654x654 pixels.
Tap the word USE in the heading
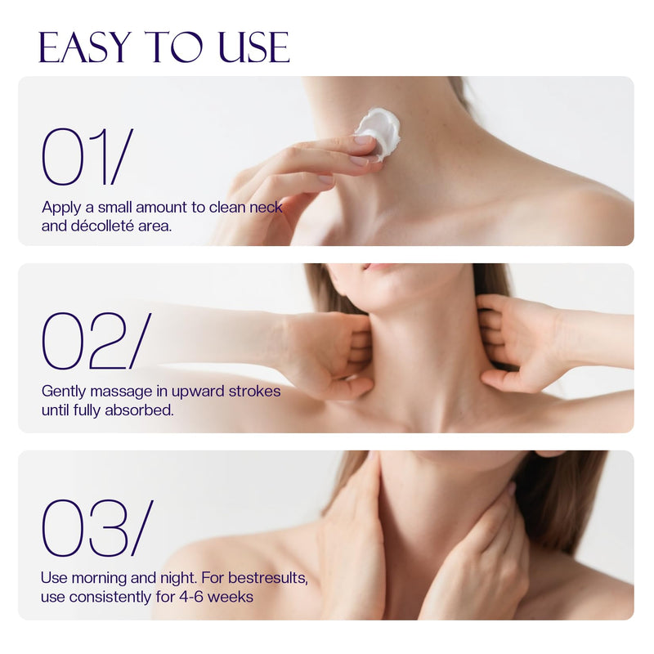[254, 47]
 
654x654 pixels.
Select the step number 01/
[87, 156]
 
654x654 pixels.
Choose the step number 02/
[96, 341]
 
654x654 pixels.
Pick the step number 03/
[97, 528]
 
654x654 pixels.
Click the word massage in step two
[121, 392]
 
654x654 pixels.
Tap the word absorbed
[139, 410]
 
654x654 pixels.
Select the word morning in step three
[99, 579]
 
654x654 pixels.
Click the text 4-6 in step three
[191, 597]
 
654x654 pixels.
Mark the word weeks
[231, 597]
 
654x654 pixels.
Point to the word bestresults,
[268, 578]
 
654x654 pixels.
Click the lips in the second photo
[378, 267]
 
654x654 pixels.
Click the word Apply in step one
[61, 208]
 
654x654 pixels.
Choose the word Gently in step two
[65, 392]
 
